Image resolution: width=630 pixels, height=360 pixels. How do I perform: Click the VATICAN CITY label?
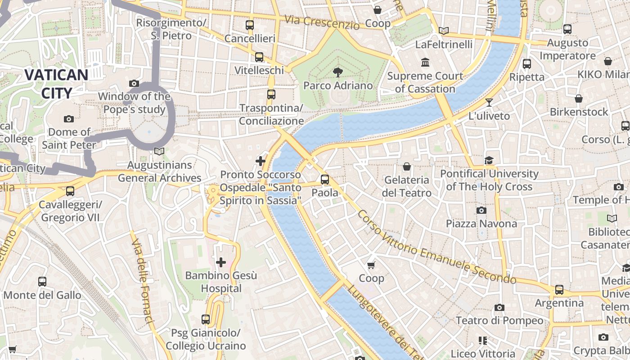[x=56, y=84]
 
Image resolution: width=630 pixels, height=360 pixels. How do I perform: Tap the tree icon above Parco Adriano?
[x=337, y=72]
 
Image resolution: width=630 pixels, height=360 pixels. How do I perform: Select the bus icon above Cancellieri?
[x=250, y=25]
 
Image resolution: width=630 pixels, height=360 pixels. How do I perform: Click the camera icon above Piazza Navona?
[x=481, y=210]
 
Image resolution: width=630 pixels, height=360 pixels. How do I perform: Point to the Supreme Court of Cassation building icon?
[x=425, y=62]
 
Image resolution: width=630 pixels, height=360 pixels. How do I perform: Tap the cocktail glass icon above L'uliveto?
[x=489, y=103]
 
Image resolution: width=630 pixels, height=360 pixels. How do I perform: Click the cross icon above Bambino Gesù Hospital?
[x=221, y=262]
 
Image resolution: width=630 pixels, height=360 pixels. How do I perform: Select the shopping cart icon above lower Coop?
[x=371, y=265]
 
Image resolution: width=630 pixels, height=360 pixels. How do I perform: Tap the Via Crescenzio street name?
[x=322, y=22]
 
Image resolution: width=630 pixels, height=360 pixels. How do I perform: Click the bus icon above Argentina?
[x=559, y=290]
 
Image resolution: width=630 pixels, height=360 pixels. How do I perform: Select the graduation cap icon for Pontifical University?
[x=489, y=160]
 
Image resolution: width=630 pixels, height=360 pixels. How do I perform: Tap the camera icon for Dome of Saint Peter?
[x=69, y=119]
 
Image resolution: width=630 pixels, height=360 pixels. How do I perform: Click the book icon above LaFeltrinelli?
[x=444, y=31]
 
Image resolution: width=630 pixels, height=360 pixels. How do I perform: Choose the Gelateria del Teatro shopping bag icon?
[x=407, y=166]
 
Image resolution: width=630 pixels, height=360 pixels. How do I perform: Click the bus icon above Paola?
[x=325, y=180]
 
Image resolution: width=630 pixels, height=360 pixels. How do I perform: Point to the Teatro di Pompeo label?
[x=499, y=320]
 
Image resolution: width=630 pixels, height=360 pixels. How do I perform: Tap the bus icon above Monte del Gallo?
[x=42, y=282]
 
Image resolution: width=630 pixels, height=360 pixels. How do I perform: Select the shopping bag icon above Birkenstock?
[x=579, y=98]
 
